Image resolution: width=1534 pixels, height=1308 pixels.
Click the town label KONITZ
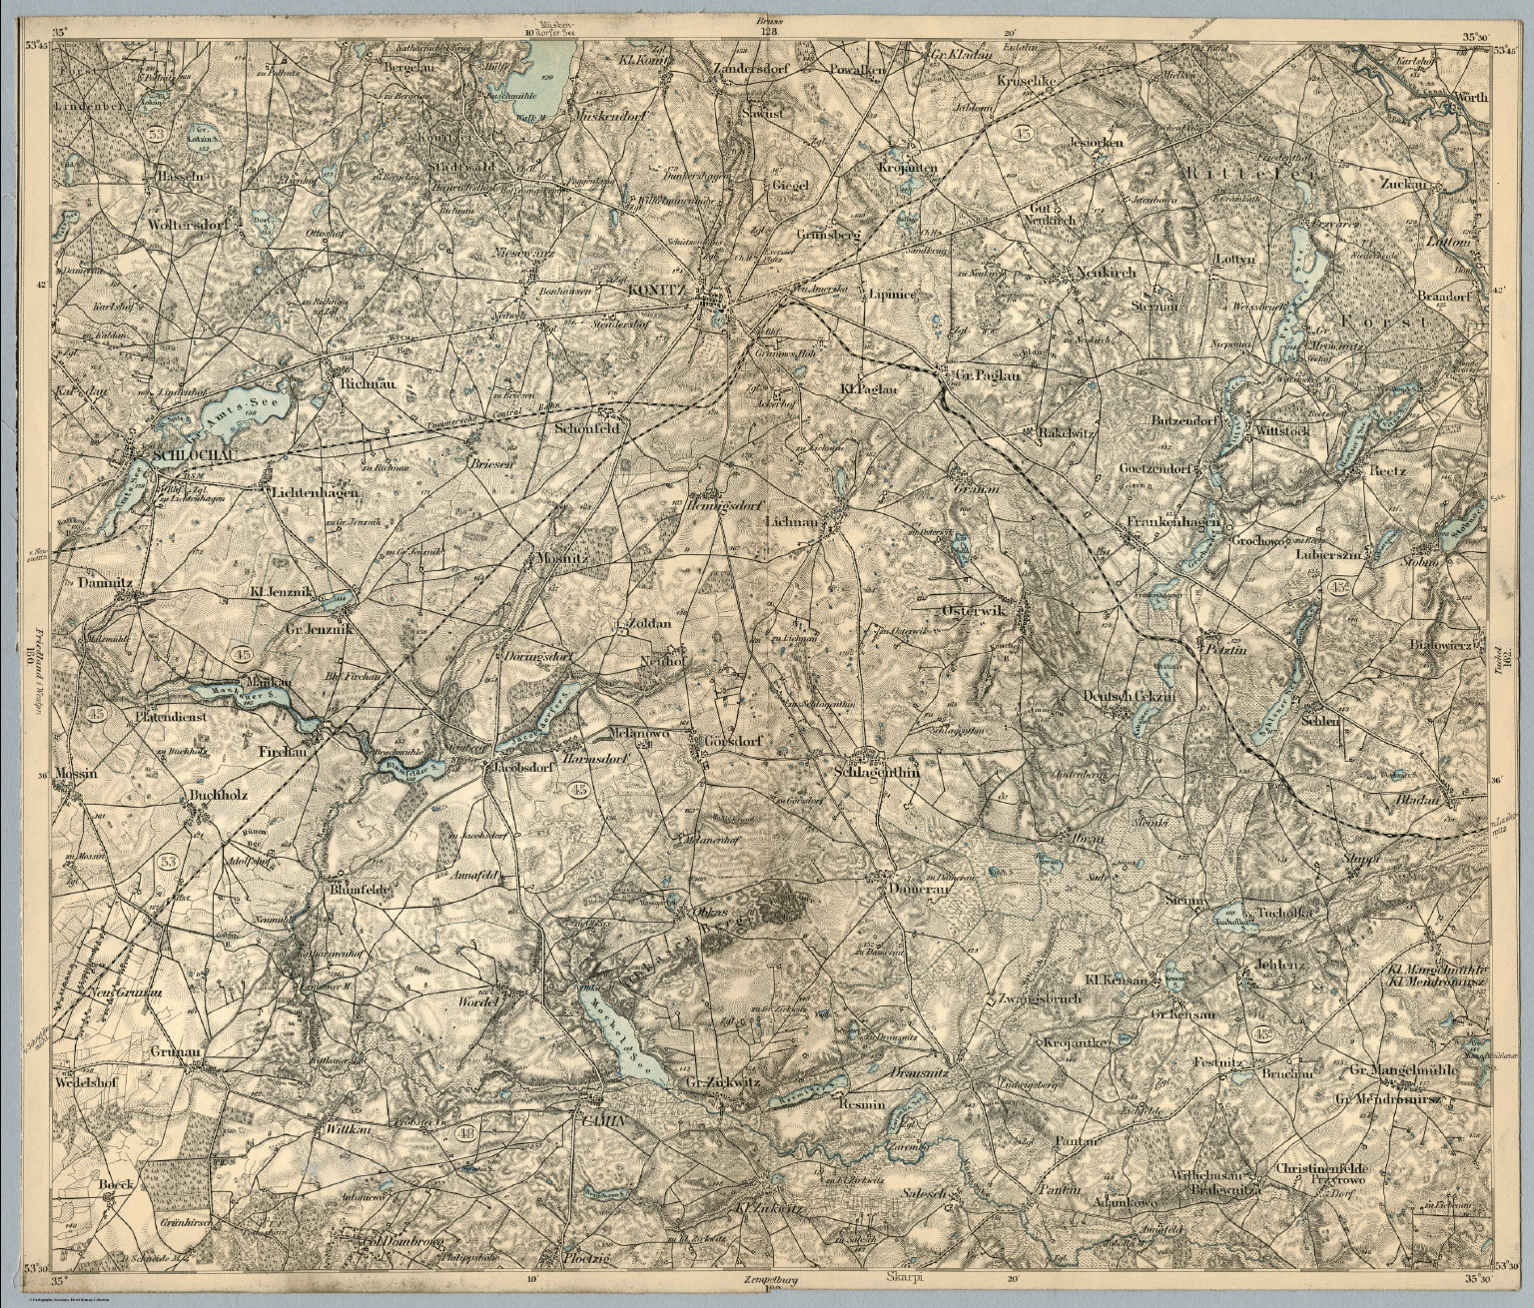(x=655, y=290)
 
